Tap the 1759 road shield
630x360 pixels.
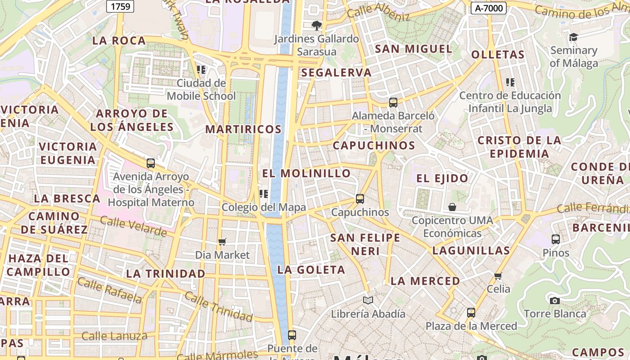pyautogui.click(x=120, y=6)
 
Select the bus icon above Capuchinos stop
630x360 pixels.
pyautogui.click(x=360, y=198)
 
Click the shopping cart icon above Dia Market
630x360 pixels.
pyautogui.click(x=222, y=242)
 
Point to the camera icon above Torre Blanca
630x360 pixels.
pyautogui.click(x=555, y=300)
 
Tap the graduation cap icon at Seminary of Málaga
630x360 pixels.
pyautogui.click(x=573, y=37)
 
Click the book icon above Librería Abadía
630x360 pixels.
pyautogui.click(x=368, y=300)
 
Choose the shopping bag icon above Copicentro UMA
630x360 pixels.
pyautogui.click(x=452, y=207)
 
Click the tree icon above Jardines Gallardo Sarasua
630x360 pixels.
pyautogui.click(x=317, y=25)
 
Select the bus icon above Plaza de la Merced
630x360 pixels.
pyautogui.click(x=471, y=312)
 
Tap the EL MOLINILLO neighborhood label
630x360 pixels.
pyautogui.click(x=306, y=173)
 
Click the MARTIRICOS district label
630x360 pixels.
pyautogui.click(x=243, y=130)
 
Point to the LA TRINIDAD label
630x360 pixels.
pyautogui.click(x=166, y=274)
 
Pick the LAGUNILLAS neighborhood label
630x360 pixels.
pyautogui.click(x=471, y=251)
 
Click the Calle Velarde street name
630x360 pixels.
pyautogui.click(x=133, y=226)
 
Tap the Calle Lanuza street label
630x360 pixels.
pyautogui.click(x=114, y=336)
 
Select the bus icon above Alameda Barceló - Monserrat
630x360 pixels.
pyautogui.click(x=393, y=103)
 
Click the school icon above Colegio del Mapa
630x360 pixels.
pyautogui.click(x=264, y=194)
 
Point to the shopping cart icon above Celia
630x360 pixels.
pyautogui.click(x=498, y=276)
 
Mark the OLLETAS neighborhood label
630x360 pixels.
pyautogui.click(x=498, y=55)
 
